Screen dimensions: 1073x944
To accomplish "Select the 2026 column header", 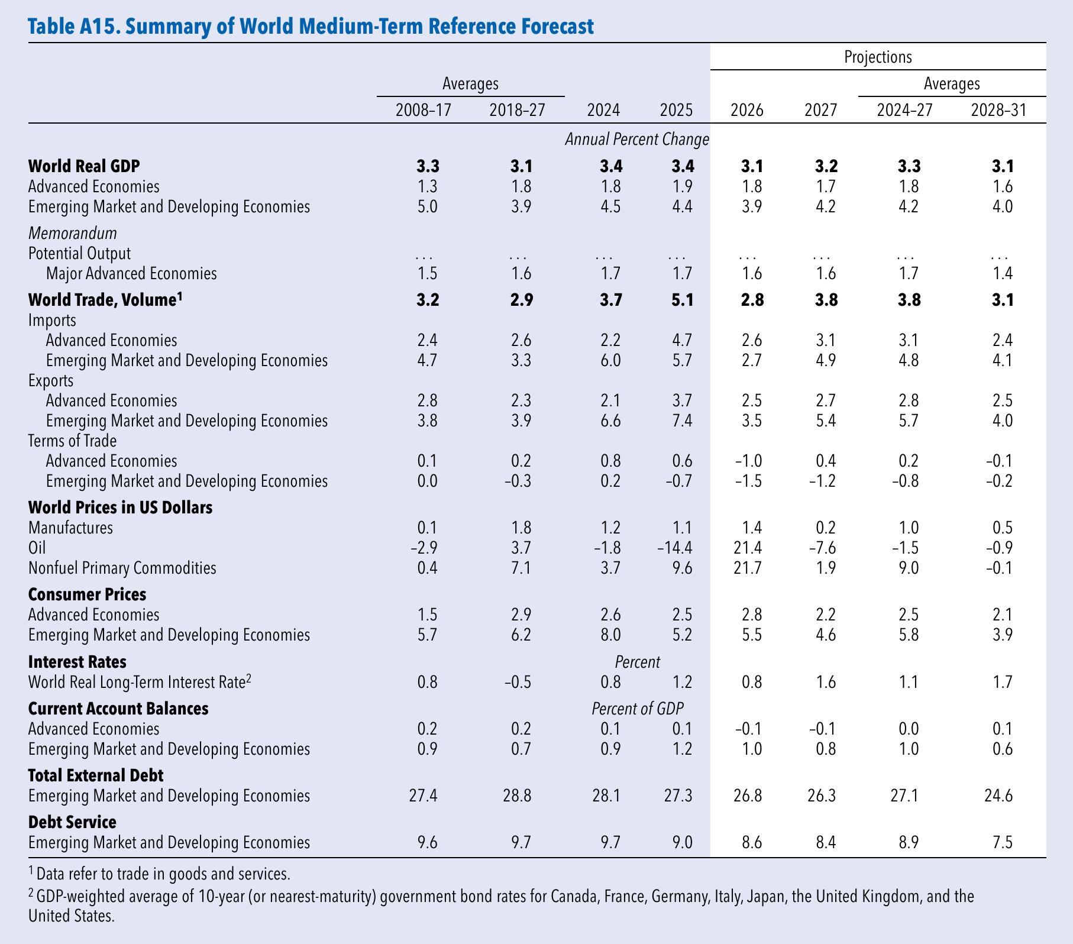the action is click(x=747, y=110).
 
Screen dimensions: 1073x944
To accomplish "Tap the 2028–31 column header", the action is click(x=998, y=110).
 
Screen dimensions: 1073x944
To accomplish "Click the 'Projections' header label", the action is click(x=878, y=57).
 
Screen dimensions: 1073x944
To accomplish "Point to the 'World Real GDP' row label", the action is click(x=84, y=166).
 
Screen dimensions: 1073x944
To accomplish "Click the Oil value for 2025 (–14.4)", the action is click(x=675, y=548).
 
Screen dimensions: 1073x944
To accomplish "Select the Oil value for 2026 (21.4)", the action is click(x=747, y=548).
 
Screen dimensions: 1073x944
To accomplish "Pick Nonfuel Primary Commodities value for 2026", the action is click(x=747, y=568).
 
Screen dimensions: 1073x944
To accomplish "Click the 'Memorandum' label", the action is click(x=73, y=233).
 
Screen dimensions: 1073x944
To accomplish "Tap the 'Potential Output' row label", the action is click(x=79, y=253).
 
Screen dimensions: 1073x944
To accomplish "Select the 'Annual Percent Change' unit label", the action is click(x=637, y=140).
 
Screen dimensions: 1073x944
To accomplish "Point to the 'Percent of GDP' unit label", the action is click(x=638, y=709).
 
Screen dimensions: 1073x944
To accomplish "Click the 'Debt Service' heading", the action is click(x=72, y=822).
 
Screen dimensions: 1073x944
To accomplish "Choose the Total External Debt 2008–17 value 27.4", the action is click(x=423, y=796).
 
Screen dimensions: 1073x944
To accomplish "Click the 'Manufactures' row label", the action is click(x=70, y=528).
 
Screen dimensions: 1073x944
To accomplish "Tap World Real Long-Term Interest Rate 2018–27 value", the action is click(x=518, y=682).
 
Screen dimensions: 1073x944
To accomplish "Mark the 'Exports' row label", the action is click(x=51, y=380).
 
